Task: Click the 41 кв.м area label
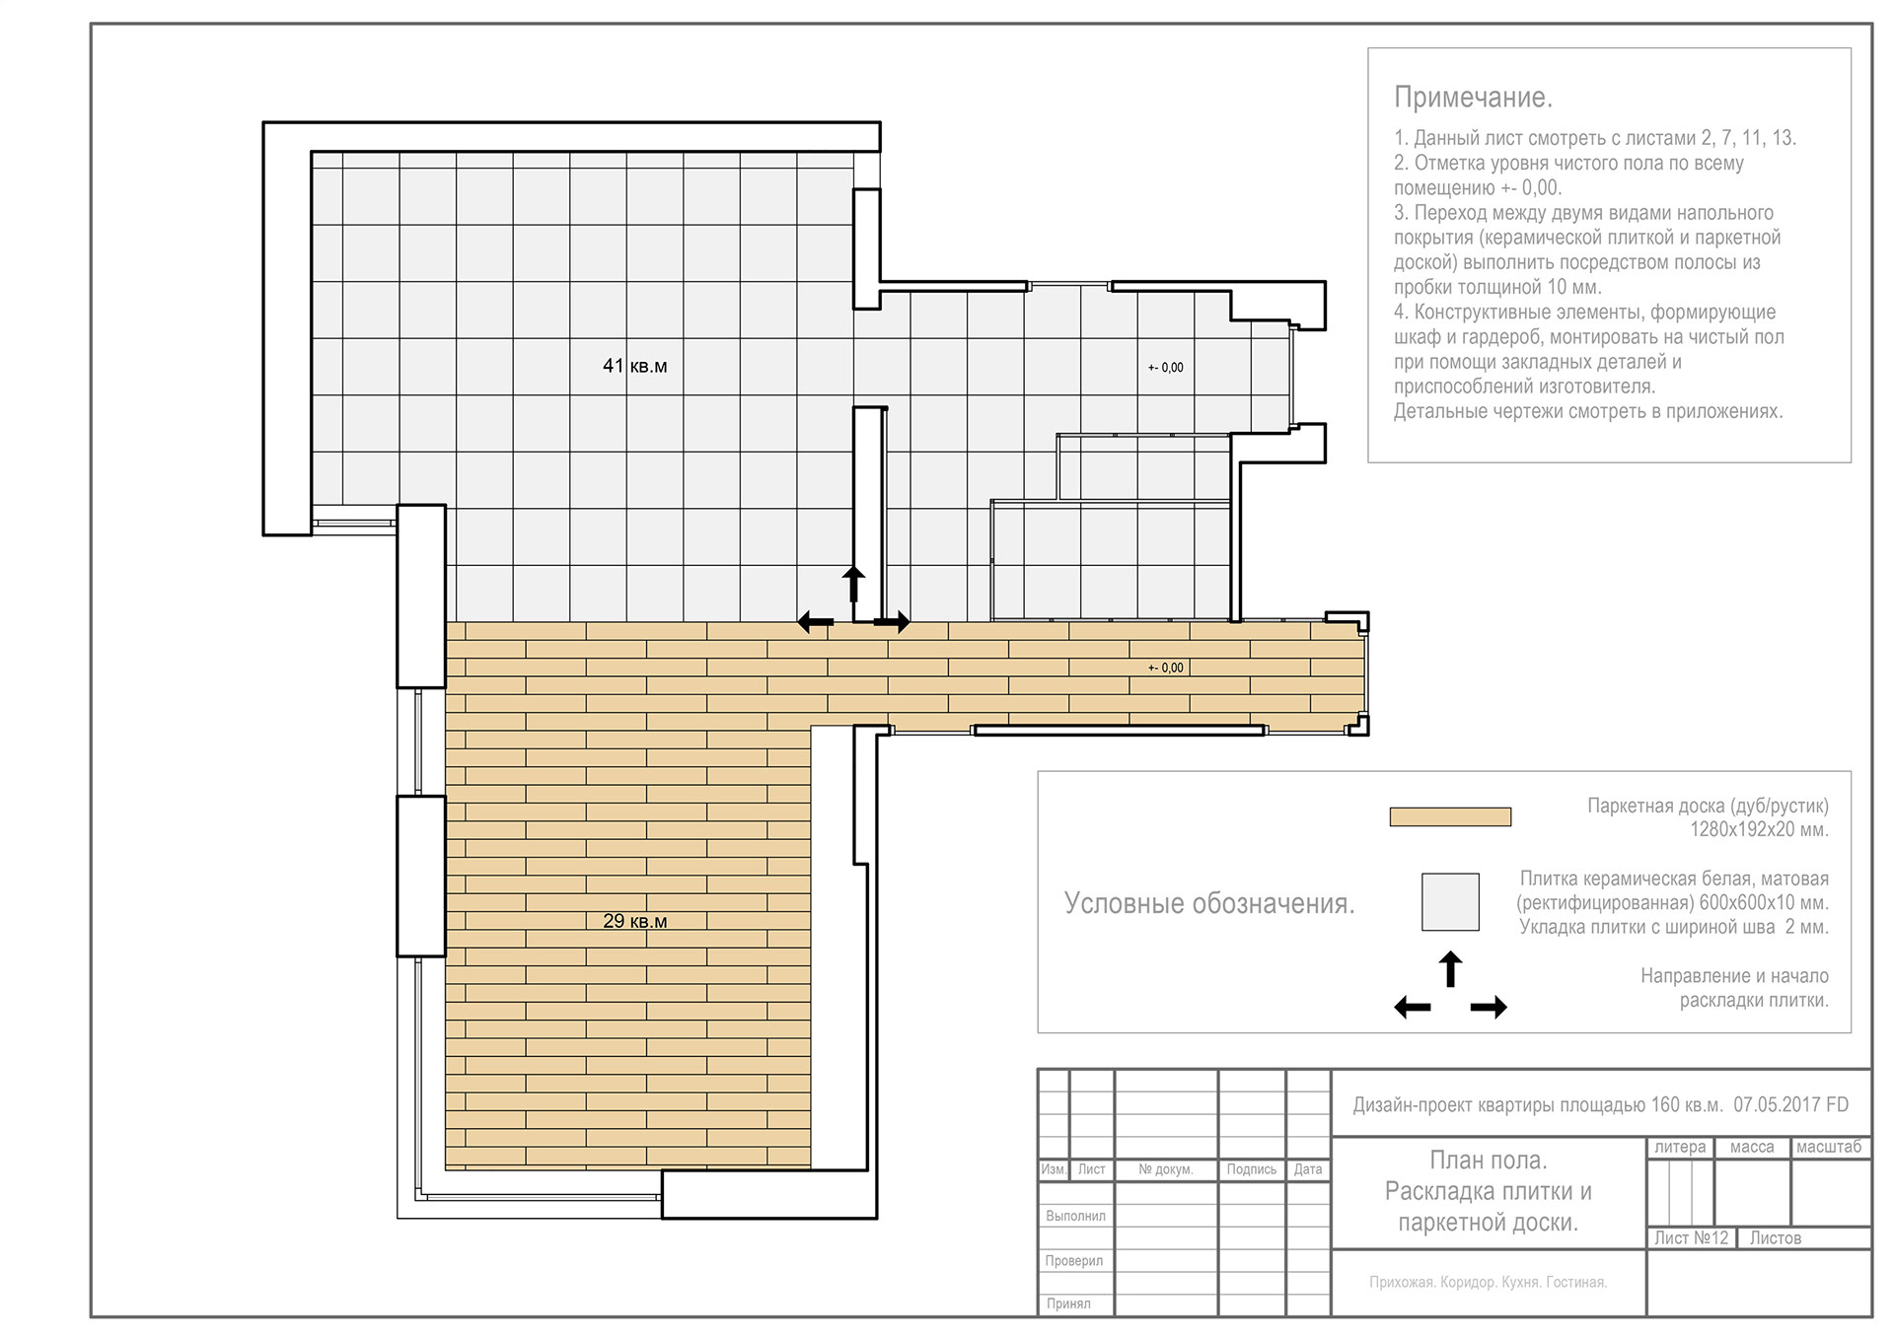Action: (x=634, y=366)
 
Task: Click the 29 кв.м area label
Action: (x=634, y=921)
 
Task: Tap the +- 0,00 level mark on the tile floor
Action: (x=1165, y=368)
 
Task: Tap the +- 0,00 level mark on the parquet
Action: (x=1165, y=668)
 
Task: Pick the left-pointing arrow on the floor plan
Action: (x=815, y=622)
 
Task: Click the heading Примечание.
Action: (x=1473, y=98)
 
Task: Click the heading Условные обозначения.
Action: (x=1208, y=903)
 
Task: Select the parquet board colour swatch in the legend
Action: (x=1450, y=816)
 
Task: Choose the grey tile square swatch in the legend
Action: (x=1450, y=901)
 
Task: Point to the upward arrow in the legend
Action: (x=1450, y=968)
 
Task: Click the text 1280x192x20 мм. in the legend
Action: (x=1759, y=829)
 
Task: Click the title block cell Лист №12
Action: (x=1691, y=1237)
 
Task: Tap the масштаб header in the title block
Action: (x=1828, y=1147)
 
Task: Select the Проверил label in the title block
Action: (x=1073, y=1260)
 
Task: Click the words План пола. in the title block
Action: (x=1488, y=1160)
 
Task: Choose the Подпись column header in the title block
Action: (x=1251, y=1169)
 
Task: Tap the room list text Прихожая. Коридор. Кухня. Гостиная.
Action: (x=1488, y=1282)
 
